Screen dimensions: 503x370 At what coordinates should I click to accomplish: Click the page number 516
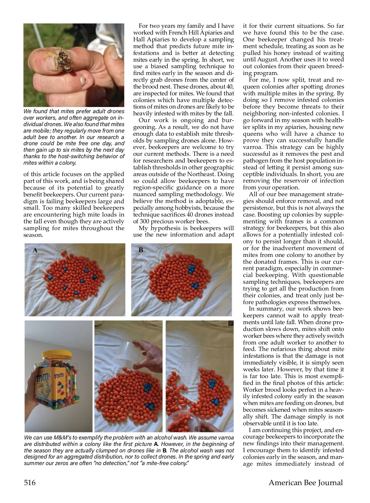click(x=30, y=482)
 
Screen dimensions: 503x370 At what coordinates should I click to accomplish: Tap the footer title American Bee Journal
click(x=306, y=482)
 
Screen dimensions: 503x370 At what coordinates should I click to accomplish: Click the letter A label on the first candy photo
click(x=35, y=250)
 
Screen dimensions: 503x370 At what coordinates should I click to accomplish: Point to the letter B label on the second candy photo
click(x=141, y=250)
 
